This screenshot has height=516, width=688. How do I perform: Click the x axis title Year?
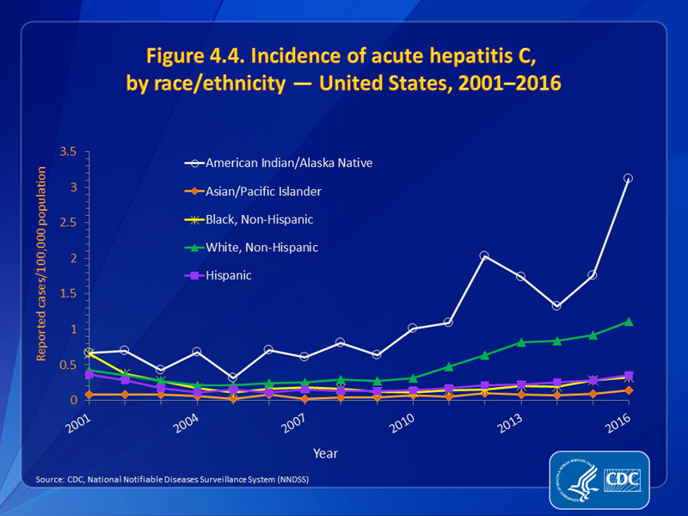click(325, 452)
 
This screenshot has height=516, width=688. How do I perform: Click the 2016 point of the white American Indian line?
click(628, 178)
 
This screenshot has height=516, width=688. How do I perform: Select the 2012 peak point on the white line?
click(484, 255)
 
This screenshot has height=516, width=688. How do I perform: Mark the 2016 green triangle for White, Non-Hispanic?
click(628, 322)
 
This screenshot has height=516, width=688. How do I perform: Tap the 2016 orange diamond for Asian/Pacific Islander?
click(628, 390)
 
